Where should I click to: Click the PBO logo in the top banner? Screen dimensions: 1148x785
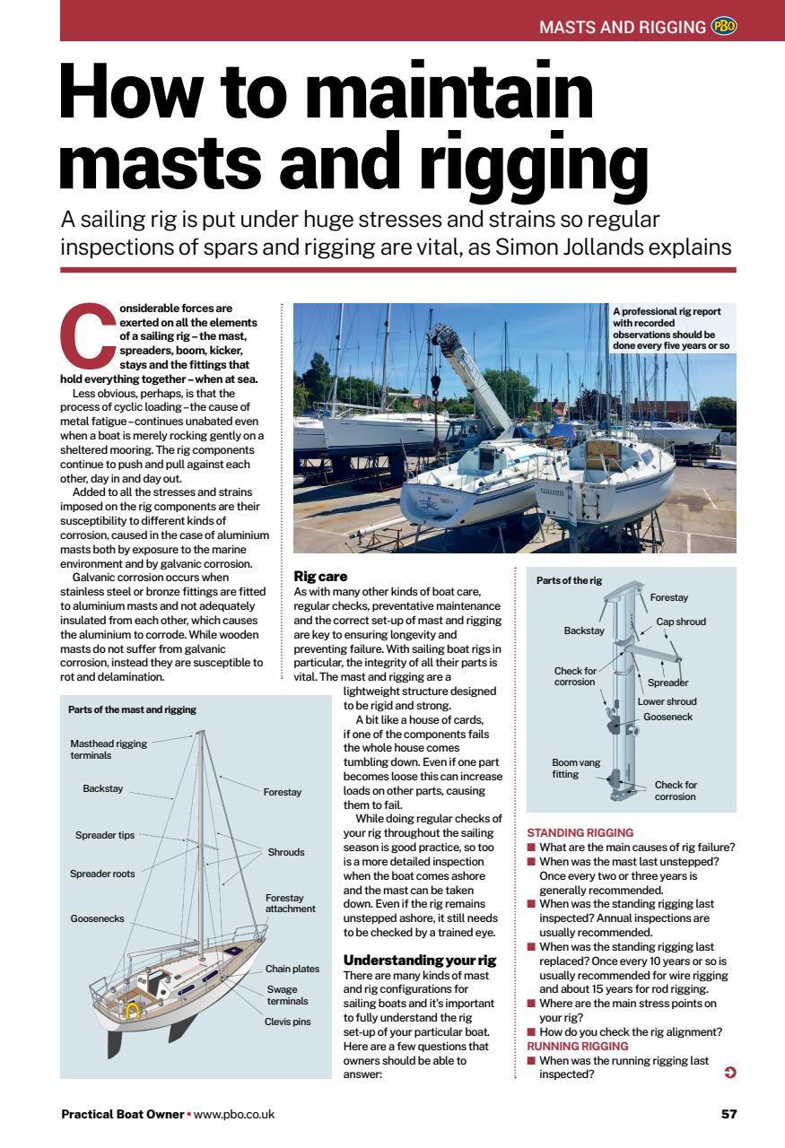[x=723, y=26]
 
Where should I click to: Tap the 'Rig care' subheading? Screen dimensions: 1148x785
[x=320, y=576]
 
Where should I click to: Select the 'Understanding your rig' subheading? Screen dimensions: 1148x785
[x=420, y=960]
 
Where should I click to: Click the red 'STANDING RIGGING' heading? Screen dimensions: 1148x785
[x=580, y=832]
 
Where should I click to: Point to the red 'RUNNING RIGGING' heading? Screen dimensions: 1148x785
[x=578, y=1046]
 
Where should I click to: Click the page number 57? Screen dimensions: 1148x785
[x=728, y=1115]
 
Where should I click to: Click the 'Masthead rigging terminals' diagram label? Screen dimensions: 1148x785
[x=108, y=750]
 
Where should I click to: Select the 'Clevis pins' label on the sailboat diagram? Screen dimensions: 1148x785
[x=287, y=1022]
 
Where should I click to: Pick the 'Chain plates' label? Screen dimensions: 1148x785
[x=292, y=969]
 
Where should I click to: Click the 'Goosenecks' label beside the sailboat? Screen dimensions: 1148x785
[x=97, y=918]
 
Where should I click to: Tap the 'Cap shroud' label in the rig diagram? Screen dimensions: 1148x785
[x=681, y=622]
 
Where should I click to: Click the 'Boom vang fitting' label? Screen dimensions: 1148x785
[x=576, y=769]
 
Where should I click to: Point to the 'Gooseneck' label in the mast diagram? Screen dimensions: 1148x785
[x=667, y=717]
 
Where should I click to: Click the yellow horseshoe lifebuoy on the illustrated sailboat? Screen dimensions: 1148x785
[x=133, y=1012]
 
